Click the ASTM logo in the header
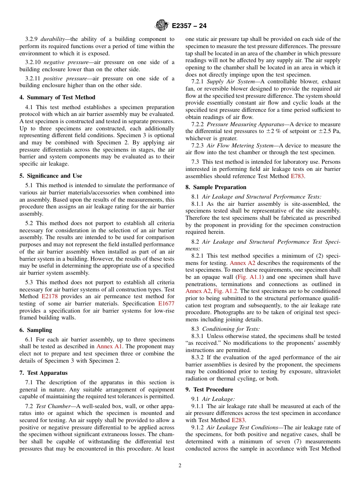[x=162, y=26]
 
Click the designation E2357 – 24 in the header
[x=189, y=26]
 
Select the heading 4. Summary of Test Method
[x=57, y=97]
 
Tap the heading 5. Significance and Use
[x=51, y=176]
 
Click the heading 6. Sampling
[x=36, y=330]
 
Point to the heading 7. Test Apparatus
[x=43, y=373]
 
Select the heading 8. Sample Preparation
[x=216, y=187]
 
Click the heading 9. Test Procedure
[x=209, y=390]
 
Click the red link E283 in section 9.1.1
[x=238, y=420]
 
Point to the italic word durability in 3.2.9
[x=52, y=39]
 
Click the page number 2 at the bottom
[x=180, y=466]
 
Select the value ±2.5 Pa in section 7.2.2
[x=329, y=131]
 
